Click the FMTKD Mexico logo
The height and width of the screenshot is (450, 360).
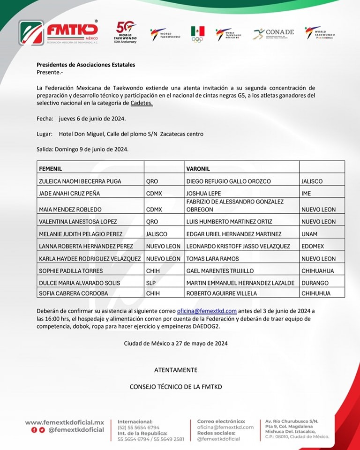point(58,32)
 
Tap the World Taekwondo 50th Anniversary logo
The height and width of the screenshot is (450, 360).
point(126,32)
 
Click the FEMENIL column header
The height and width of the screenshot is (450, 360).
point(51,168)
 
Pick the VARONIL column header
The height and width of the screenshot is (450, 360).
point(198,168)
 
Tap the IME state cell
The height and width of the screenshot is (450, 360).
point(306,193)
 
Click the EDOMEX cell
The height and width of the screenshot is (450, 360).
point(313,246)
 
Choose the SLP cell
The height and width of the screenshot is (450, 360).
point(151,283)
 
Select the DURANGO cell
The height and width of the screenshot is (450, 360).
point(315,283)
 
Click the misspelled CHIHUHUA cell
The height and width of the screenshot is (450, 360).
point(316,293)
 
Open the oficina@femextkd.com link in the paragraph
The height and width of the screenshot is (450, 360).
point(207,311)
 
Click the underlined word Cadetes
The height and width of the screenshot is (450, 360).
point(142,103)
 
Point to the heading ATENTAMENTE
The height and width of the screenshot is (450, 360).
point(176,370)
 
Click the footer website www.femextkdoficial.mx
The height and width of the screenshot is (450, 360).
point(65,422)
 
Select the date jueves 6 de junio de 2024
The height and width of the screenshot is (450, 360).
point(92,119)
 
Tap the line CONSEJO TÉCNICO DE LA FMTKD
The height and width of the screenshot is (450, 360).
point(176,387)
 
